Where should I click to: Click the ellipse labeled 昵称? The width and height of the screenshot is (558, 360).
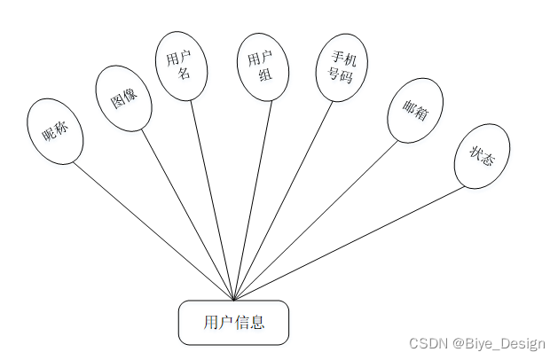[55, 131]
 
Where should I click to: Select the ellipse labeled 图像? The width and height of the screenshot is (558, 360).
[123, 98]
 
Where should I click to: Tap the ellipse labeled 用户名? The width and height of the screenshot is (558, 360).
[182, 66]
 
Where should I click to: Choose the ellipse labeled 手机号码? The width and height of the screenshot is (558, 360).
[342, 67]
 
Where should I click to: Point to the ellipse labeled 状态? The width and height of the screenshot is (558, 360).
[482, 156]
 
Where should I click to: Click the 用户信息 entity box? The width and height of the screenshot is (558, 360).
[234, 322]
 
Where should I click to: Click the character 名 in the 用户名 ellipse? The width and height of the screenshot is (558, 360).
[184, 74]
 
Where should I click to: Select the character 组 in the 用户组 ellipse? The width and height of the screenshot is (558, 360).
[263, 75]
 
